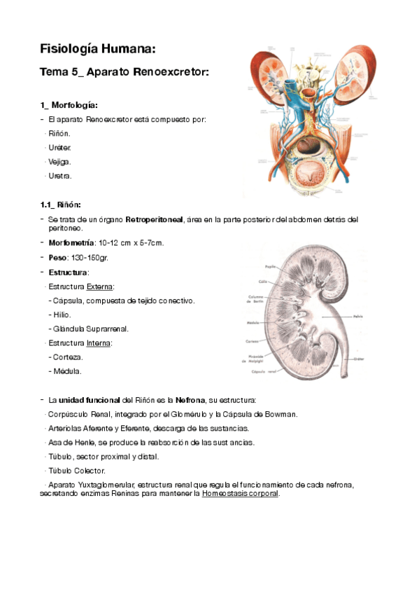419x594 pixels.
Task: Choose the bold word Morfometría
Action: click(x=70, y=242)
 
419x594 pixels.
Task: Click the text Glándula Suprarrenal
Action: click(x=90, y=329)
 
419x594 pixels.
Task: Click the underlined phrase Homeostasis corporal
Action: click(x=239, y=493)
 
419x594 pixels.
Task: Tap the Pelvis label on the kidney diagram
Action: click(x=359, y=316)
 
